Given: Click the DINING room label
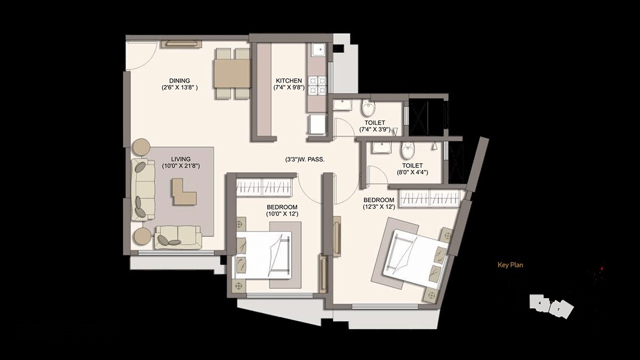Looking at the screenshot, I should coord(180,81).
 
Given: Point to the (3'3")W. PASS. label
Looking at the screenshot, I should coord(305,159).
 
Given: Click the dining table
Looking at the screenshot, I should coord(233,74).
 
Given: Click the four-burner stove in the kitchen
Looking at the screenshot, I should coord(318,85).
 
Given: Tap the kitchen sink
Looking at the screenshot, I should coord(318,50).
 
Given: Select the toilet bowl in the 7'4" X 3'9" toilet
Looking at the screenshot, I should coord(368,110).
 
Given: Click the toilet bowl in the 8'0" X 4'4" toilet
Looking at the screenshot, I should coord(407,151).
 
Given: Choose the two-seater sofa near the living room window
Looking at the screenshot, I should coord(178,237).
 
